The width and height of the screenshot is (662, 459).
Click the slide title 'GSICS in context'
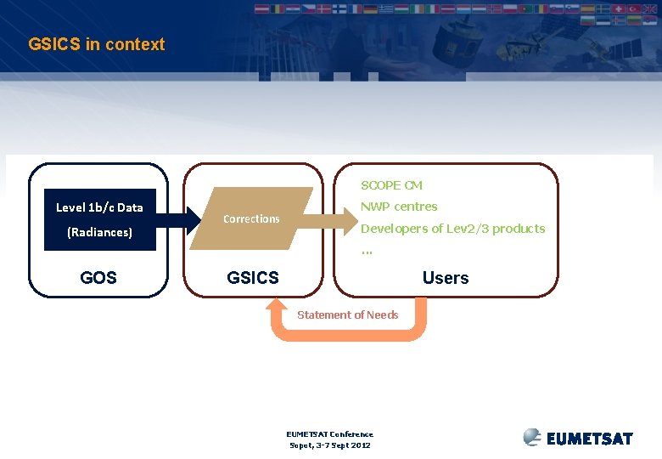tap(96, 44)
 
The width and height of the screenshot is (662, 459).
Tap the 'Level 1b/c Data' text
tap(99, 207)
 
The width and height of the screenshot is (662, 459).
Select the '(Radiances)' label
tap(99, 232)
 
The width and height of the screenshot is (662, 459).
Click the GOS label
tap(98, 277)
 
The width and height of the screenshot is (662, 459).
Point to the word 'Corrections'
tap(251, 218)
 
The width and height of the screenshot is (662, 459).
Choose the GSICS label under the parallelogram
tap(253, 277)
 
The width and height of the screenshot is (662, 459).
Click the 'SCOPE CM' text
tap(391, 184)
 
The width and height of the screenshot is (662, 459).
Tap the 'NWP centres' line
tap(399, 207)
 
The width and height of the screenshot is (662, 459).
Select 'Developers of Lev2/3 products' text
tap(453, 229)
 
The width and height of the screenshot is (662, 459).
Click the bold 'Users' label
tap(446, 277)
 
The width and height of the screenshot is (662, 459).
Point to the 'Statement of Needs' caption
tap(347, 314)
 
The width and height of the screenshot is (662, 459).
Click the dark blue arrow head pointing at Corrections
tap(193, 219)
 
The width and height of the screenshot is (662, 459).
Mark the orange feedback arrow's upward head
tap(280, 309)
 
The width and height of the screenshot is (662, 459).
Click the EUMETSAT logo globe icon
tap(532, 437)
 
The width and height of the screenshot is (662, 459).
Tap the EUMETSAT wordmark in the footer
tap(590, 439)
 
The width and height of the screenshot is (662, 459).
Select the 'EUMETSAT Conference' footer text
tap(330, 433)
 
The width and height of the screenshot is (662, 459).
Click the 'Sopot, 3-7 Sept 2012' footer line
tap(330, 445)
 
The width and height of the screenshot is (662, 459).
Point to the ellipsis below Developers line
tap(367, 250)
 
